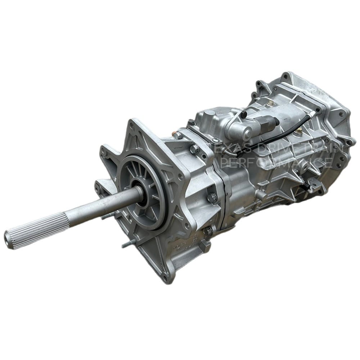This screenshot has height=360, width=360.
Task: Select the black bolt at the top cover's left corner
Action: tap(190, 122)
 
